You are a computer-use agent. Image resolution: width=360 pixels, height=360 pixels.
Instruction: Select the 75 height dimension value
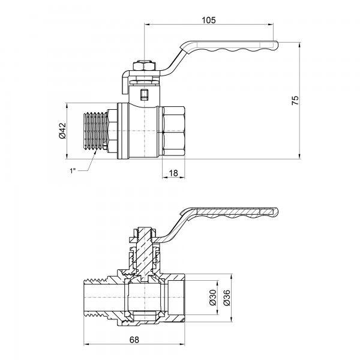(295, 100)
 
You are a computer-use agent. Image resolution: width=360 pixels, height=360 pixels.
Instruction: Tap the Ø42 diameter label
(63, 130)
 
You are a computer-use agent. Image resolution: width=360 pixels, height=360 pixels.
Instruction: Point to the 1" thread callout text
(74, 171)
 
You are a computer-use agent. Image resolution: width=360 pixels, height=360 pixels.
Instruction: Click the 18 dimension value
(173, 172)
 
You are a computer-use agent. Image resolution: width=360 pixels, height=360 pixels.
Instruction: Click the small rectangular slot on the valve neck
(143, 94)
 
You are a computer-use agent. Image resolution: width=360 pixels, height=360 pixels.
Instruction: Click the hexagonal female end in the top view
(174, 131)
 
